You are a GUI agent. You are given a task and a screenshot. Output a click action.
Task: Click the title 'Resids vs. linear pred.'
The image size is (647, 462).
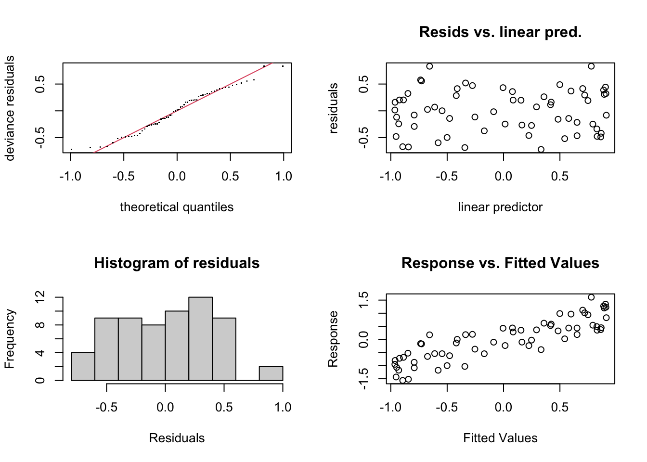pos(500,32)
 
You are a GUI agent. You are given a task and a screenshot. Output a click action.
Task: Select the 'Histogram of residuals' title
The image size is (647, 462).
pos(177,263)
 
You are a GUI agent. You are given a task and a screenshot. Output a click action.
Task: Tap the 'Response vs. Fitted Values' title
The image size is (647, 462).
pos(500,263)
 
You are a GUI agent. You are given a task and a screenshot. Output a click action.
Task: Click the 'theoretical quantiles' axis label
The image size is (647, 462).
pos(177,207)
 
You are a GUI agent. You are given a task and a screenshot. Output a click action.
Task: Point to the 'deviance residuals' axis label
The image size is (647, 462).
pos(10,108)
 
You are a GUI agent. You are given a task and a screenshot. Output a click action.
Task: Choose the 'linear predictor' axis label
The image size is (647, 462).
pos(500,207)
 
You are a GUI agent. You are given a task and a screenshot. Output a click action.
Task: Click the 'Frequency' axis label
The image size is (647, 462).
pos(10,339)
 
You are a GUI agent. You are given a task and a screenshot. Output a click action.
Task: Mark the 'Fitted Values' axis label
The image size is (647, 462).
pos(500,438)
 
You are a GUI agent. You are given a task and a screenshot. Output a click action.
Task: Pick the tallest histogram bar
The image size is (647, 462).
pos(200,339)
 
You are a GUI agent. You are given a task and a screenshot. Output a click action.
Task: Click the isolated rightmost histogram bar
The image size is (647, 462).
pos(271,373)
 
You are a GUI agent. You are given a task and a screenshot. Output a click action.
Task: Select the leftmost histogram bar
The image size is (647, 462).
pos(83,367)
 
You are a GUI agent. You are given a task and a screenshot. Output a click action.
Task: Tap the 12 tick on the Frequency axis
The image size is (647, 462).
pos(40,297)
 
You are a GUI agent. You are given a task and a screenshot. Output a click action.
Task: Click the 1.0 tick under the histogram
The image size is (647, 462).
pos(283,407)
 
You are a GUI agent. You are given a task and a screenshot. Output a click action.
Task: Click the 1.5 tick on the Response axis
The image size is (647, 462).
pos(364,300)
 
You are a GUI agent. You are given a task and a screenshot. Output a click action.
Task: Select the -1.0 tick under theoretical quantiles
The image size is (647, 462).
pos(70,176)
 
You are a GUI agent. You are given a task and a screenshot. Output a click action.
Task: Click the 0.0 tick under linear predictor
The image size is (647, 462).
pos(503,176)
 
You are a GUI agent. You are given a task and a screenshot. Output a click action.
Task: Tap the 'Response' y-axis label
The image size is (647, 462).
pos(333,339)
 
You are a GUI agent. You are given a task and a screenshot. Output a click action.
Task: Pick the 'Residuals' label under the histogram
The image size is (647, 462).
pos(177,438)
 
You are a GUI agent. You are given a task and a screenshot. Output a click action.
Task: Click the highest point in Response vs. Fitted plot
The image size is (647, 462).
pos(591,297)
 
